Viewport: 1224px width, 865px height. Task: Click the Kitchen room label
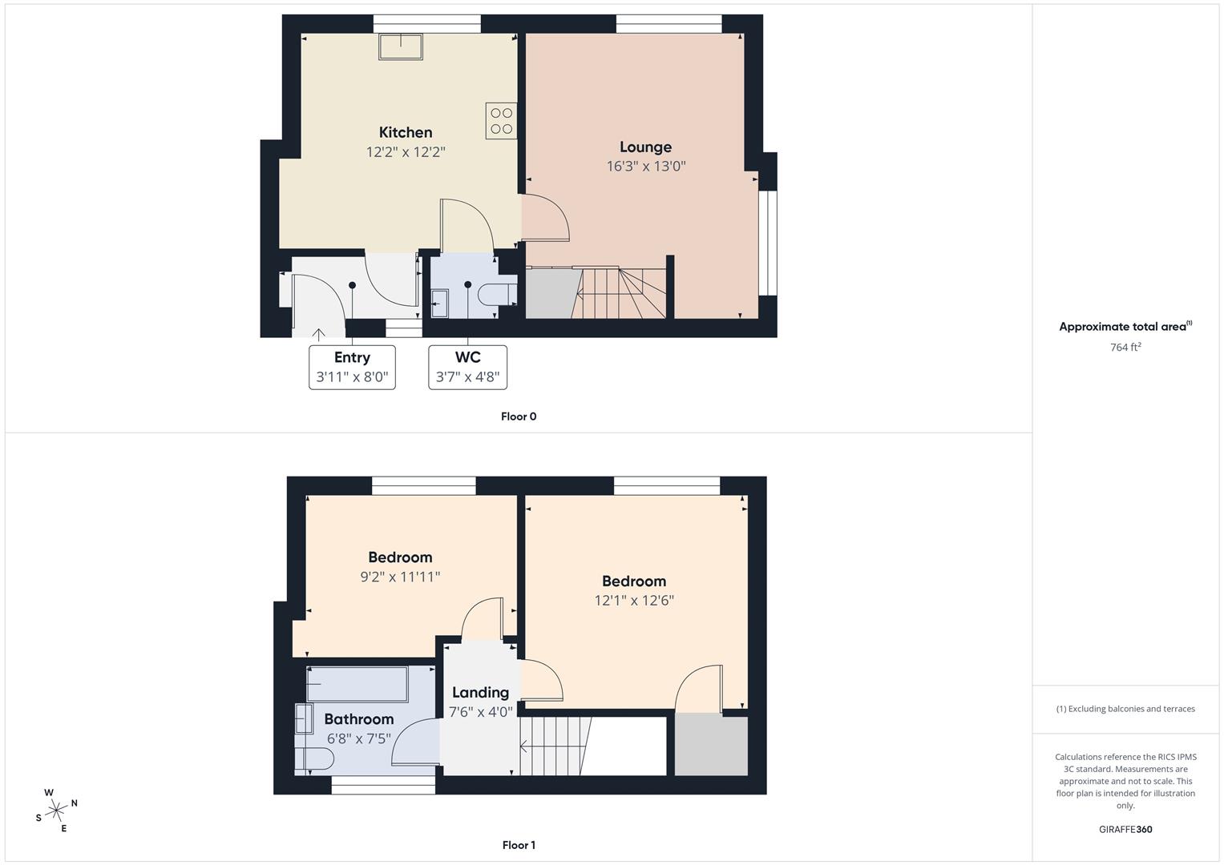(406, 132)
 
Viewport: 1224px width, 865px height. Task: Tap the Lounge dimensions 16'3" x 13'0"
(646, 167)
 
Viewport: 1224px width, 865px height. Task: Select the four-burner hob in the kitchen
(501, 121)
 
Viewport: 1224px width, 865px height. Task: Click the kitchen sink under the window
(401, 46)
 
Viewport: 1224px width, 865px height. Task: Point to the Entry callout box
(353, 367)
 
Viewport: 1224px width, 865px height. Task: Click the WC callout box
(468, 367)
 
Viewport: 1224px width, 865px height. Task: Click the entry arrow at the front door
(318, 335)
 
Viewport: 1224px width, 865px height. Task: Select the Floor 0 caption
(519, 416)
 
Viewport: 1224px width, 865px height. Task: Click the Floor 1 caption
(519, 845)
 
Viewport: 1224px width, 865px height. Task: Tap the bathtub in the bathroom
(358, 684)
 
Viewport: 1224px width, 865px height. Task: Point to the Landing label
(480, 693)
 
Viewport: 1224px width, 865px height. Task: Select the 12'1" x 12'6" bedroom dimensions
(634, 601)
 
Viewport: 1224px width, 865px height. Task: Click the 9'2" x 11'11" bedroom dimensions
(400, 577)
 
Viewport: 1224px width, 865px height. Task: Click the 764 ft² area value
(1125, 347)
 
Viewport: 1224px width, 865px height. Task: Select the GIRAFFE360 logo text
(1125, 829)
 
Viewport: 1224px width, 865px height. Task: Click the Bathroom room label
(359, 719)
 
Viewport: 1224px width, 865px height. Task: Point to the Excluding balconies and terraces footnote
(1125, 709)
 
